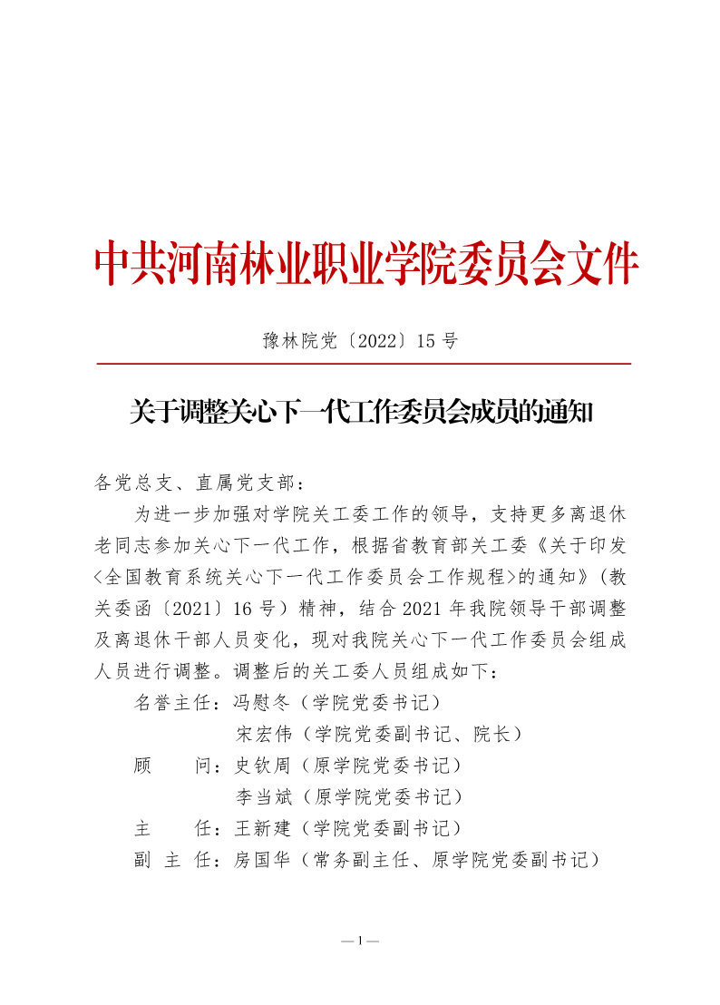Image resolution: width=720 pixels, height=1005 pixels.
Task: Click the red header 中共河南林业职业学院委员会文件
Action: click(x=366, y=264)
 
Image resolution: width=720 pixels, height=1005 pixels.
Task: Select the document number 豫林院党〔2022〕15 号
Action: click(x=360, y=341)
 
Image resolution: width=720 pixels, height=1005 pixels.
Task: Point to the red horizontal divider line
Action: click(x=363, y=364)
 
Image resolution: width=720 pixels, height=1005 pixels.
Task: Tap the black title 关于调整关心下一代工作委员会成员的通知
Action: click(x=360, y=414)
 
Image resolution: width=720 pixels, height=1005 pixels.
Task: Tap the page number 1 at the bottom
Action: click(x=360, y=941)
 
